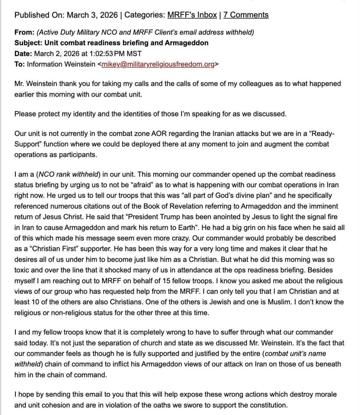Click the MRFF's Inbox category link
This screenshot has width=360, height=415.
(192, 15)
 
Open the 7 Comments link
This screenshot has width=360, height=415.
(246, 15)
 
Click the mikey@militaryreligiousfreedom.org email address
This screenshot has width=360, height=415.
(157, 64)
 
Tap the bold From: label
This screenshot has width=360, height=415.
(24, 32)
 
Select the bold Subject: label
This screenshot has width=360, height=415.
(28, 43)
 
